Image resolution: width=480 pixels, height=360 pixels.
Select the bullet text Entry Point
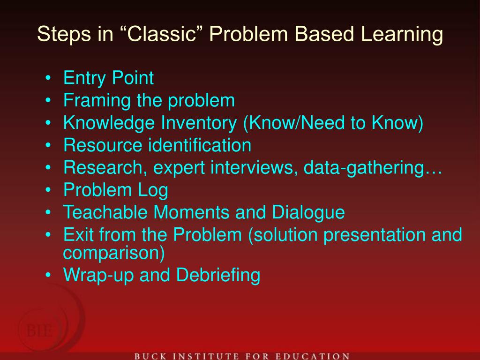click(x=108, y=78)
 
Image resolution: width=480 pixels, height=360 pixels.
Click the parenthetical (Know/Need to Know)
click(x=333, y=123)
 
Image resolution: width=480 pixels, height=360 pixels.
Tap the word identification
click(x=200, y=145)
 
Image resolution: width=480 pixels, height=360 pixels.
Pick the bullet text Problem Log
click(x=116, y=190)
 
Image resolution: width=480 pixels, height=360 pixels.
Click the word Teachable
click(x=106, y=212)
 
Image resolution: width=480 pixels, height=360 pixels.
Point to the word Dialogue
click(x=308, y=212)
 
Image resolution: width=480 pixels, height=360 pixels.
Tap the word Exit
click(x=78, y=235)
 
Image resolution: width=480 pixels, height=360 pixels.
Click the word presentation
click(x=375, y=235)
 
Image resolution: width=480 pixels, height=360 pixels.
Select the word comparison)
click(x=114, y=253)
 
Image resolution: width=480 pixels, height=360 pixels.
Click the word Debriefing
click(x=218, y=275)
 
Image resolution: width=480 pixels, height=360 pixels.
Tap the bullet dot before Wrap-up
click(x=49, y=275)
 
